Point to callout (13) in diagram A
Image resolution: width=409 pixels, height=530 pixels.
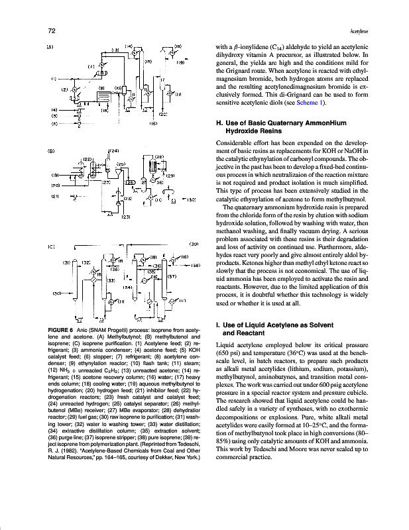click(115, 49)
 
